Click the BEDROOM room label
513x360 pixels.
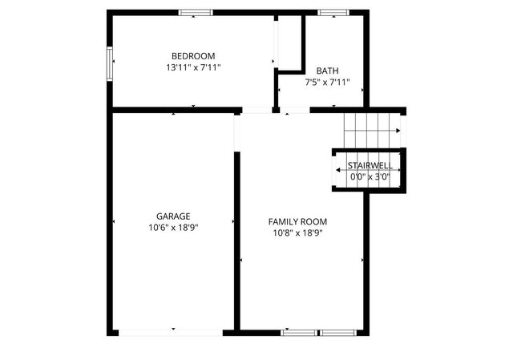[x=193, y=55]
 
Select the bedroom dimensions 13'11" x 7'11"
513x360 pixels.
[x=193, y=68]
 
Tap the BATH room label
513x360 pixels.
[x=327, y=71]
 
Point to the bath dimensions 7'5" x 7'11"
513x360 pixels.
[x=327, y=83]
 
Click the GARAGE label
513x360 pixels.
[x=173, y=216]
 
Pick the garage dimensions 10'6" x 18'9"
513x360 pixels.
[x=173, y=228]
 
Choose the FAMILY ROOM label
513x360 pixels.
[x=297, y=221]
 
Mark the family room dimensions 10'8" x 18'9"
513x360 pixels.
[x=297, y=233]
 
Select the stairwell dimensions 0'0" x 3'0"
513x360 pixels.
[x=370, y=176]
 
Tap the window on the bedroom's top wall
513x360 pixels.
[x=196, y=12]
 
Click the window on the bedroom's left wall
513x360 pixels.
[x=110, y=63]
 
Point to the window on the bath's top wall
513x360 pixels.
[x=330, y=12]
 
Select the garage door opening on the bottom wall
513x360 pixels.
[x=173, y=331]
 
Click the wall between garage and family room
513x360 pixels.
[x=237, y=241]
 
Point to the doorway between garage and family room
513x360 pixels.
[x=237, y=132]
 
